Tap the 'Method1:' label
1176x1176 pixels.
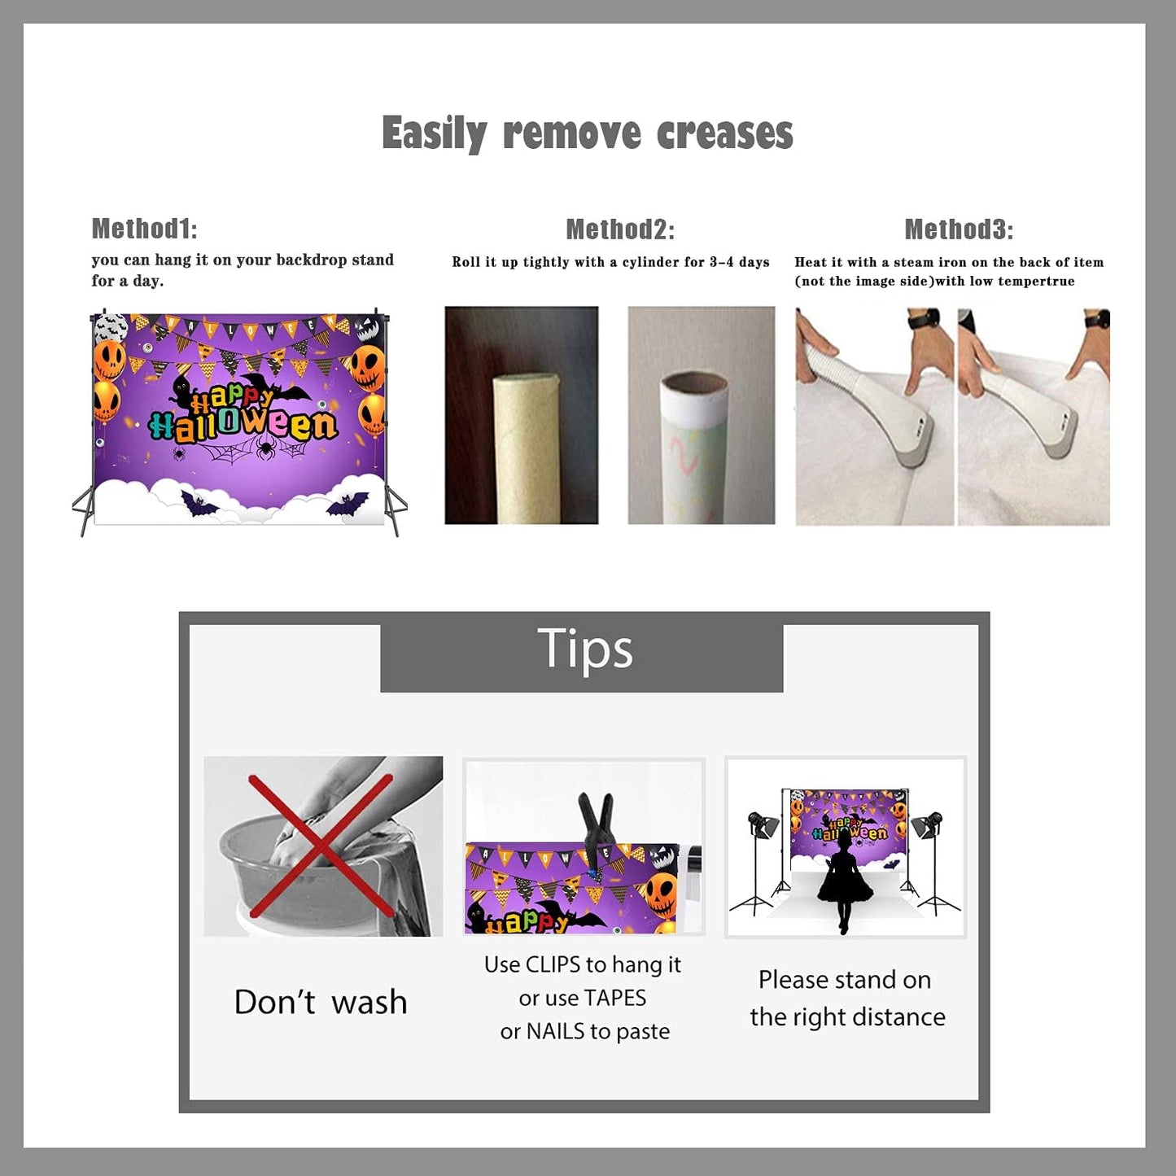[145, 229]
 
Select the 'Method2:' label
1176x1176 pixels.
[620, 230]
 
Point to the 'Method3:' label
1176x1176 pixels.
[959, 230]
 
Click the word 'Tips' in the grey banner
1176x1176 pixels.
[584, 649]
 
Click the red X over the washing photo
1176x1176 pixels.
[321, 846]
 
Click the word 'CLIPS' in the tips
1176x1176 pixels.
[553, 965]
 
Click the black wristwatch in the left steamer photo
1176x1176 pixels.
[926, 319]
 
